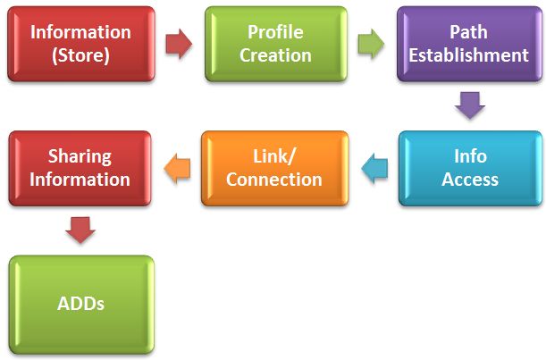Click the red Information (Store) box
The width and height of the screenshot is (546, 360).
coord(81,44)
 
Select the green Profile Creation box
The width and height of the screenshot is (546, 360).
coord(275,44)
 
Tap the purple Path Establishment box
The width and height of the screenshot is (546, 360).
coord(468,44)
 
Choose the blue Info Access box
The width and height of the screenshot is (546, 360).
coord(470,169)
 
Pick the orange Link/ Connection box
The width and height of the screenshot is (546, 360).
coord(274,169)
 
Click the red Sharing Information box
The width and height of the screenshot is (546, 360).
coord(80,169)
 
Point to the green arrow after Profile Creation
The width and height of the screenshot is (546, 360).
coord(372,44)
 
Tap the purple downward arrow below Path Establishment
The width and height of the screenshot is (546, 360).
coord(469,106)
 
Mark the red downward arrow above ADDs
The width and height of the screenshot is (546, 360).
coord(80,230)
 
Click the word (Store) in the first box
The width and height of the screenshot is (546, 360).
coord(80,55)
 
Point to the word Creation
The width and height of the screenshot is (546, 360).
coord(275,55)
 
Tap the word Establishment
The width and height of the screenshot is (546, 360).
coord(468,55)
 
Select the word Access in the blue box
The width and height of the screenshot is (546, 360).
coord(470,180)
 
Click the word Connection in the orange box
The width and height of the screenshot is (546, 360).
coord(274,180)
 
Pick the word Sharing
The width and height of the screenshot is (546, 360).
coord(80,156)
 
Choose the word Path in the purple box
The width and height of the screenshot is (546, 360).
coord(468,32)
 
